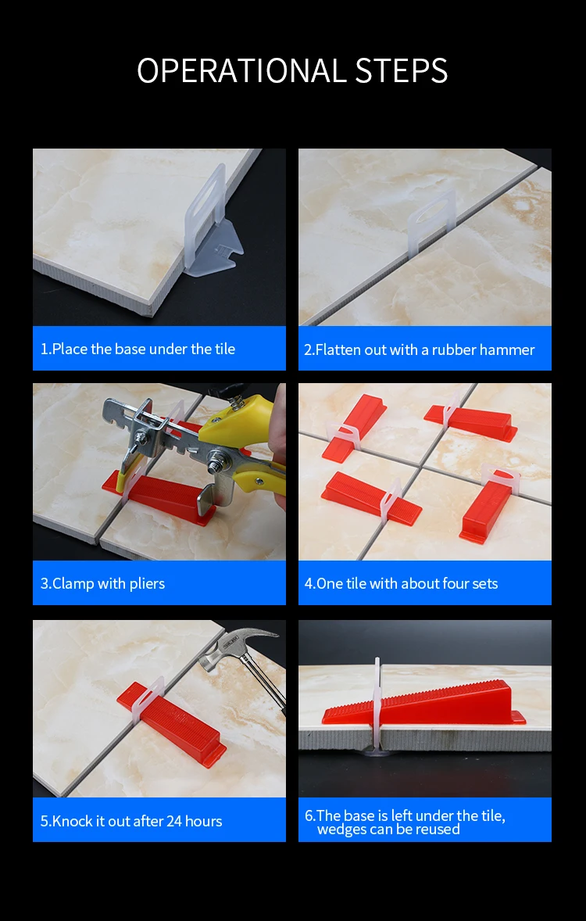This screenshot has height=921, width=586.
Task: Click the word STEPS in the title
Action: click(x=402, y=70)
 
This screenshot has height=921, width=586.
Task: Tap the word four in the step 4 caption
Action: click(x=438, y=584)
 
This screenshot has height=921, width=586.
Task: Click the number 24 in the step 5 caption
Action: click(x=173, y=821)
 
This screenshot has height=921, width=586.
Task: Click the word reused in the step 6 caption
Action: click(x=440, y=830)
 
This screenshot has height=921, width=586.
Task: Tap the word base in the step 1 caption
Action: click(x=131, y=349)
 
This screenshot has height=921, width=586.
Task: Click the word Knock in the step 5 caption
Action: click(x=70, y=821)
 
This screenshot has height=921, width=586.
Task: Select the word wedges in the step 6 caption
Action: click(x=340, y=830)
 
